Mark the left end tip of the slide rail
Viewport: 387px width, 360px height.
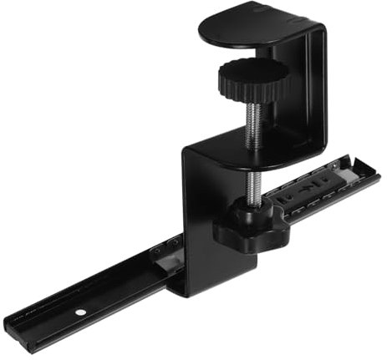pos(10,322)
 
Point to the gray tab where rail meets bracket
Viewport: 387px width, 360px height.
pos(168,266)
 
